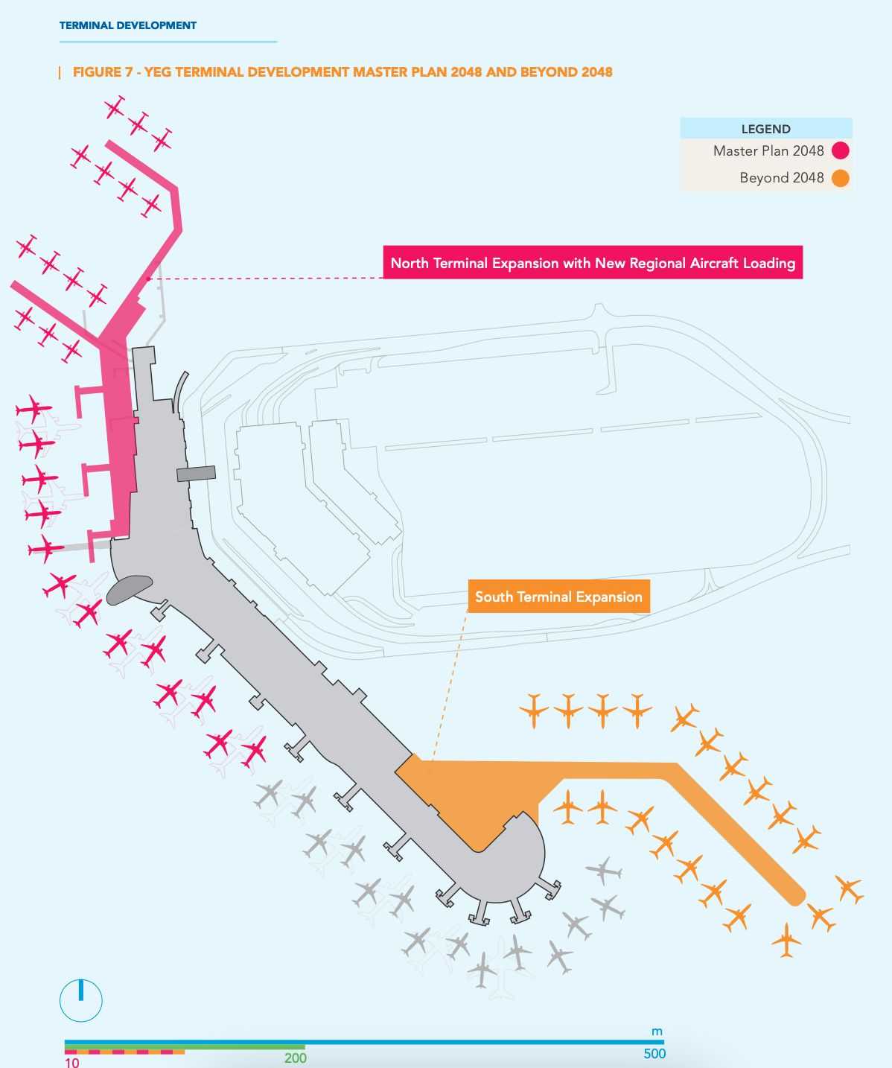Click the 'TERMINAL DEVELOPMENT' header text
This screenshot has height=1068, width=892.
point(128,25)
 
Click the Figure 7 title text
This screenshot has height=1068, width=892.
point(343,72)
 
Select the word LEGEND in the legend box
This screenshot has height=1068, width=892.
point(765,129)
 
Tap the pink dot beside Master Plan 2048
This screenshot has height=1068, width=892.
point(841,151)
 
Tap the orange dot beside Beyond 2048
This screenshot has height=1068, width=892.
point(841,178)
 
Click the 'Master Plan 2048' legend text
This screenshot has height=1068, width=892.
point(768,151)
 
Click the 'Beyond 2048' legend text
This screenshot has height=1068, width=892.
point(782,178)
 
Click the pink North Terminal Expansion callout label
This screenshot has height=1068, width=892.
point(593,262)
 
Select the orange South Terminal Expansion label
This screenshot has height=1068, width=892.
point(559,597)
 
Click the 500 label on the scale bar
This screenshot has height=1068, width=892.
point(654,1054)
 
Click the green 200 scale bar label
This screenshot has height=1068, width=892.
point(295,1058)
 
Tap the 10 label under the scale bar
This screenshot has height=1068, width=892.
point(72,1062)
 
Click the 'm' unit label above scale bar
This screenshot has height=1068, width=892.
point(657,1032)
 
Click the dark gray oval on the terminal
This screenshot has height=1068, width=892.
point(129,589)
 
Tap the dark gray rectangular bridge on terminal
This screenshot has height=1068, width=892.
point(196,474)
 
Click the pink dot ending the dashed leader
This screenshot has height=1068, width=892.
point(148,279)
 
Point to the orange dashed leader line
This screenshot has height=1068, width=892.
point(448,692)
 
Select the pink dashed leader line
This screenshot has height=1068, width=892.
point(266,279)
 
